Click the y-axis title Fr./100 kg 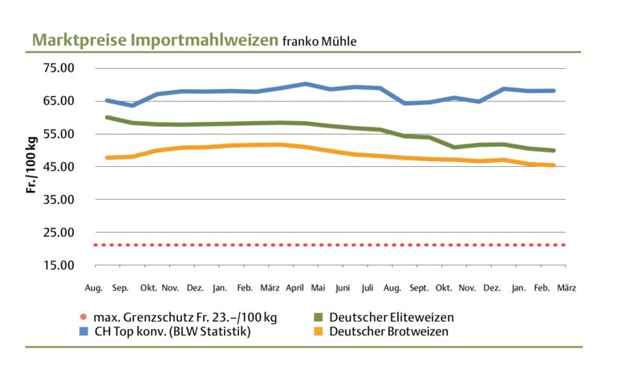[33, 167]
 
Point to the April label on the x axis [295, 286]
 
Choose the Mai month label [319, 286]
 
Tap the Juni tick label [343, 286]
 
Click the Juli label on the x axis [367, 286]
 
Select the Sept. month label [419, 286]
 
